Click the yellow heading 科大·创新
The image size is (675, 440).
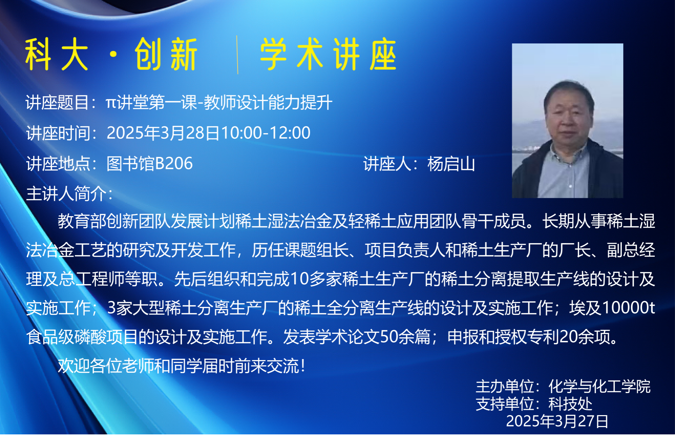click(111, 54)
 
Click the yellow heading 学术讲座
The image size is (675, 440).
click(328, 54)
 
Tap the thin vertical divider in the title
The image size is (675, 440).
click(237, 55)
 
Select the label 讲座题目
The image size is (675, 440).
click(57, 103)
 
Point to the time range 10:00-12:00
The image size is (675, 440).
click(266, 133)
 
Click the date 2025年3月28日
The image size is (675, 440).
click(163, 133)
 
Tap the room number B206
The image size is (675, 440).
click(174, 163)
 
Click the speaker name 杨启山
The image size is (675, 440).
click(451, 164)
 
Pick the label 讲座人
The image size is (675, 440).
click(387, 164)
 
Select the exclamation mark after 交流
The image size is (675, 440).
click(303, 366)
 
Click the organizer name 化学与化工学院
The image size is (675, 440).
click(599, 387)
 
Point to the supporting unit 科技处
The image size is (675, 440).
click(570, 404)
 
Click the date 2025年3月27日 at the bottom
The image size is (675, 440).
click(557, 421)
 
